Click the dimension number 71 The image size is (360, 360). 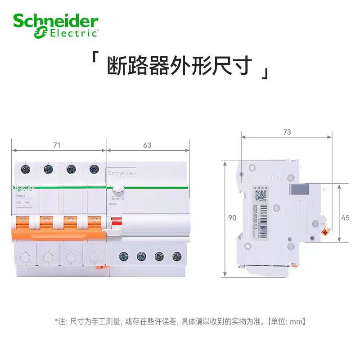[x=57, y=145]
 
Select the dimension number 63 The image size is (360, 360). [x=147, y=145]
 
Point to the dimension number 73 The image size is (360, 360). [x=287, y=132]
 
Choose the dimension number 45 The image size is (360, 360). [x=346, y=218]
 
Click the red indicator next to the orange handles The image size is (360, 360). [x=117, y=221]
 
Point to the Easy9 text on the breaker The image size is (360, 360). [x=21, y=196]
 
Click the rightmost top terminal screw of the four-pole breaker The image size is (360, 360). [x=94, y=169]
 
